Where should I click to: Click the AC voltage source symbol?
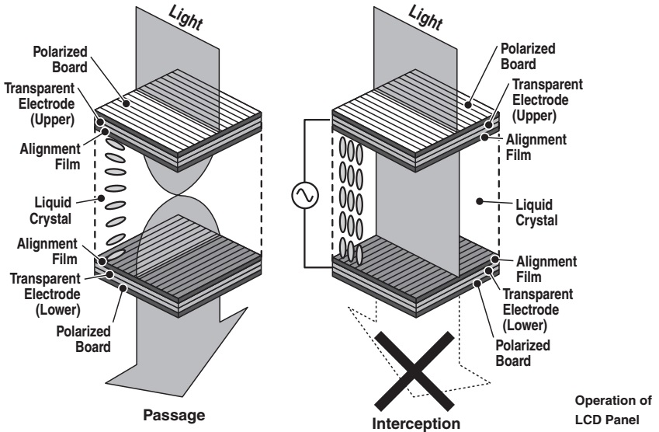(x=303, y=196)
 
